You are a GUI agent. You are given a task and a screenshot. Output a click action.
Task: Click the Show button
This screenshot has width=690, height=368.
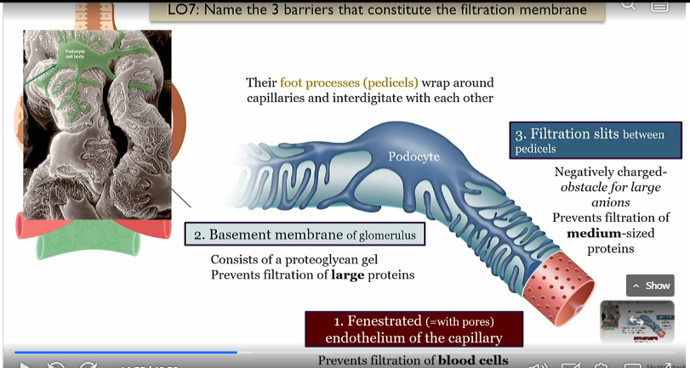(650, 286)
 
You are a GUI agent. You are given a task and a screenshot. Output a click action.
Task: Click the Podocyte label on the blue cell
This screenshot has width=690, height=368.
(413, 156)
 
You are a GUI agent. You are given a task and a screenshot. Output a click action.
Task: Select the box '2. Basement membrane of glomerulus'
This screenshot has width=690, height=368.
(304, 234)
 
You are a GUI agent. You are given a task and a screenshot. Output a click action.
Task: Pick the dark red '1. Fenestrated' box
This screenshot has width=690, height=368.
(415, 329)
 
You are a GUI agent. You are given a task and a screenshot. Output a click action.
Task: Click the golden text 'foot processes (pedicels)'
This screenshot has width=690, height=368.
(350, 82)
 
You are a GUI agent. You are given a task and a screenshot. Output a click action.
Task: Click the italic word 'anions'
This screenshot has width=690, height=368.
(612, 202)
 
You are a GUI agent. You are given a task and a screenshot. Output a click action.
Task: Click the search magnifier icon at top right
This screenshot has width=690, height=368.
(628, 4)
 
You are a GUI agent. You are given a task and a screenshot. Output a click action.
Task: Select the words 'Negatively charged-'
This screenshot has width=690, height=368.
(607, 172)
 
